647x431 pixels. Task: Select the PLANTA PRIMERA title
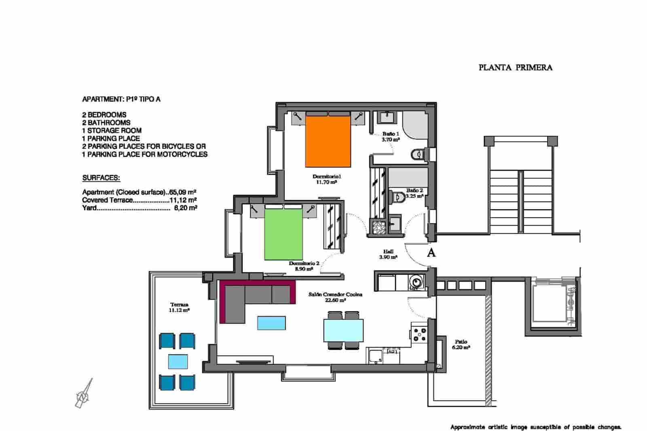point(515,68)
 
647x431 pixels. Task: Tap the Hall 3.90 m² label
point(388,254)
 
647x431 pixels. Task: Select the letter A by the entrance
point(431,253)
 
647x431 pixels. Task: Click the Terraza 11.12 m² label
point(179,307)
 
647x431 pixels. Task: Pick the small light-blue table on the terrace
point(178,361)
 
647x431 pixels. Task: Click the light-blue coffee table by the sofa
point(271,323)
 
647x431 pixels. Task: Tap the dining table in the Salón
point(343,330)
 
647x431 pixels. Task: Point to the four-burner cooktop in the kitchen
point(419,334)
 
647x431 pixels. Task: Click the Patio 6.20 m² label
point(461,344)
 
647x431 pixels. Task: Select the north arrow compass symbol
point(84,394)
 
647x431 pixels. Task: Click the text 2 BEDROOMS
point(104,115)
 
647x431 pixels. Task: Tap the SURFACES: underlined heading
point(101,178)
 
